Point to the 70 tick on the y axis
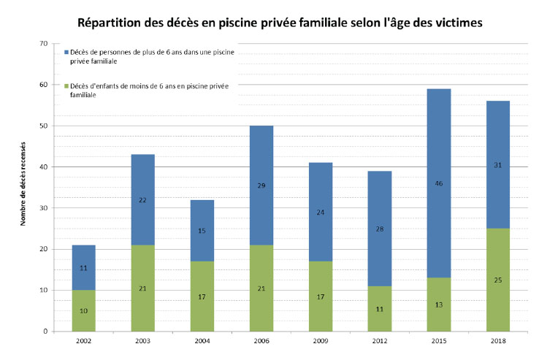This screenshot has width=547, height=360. [x=43, y=44]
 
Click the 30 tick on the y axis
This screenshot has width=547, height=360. [x=43, y=208]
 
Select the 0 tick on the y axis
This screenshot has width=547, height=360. [x=45, y=332]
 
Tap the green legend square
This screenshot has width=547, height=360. [x=66, y=85]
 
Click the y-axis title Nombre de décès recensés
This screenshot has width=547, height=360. [x=24, y=183]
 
